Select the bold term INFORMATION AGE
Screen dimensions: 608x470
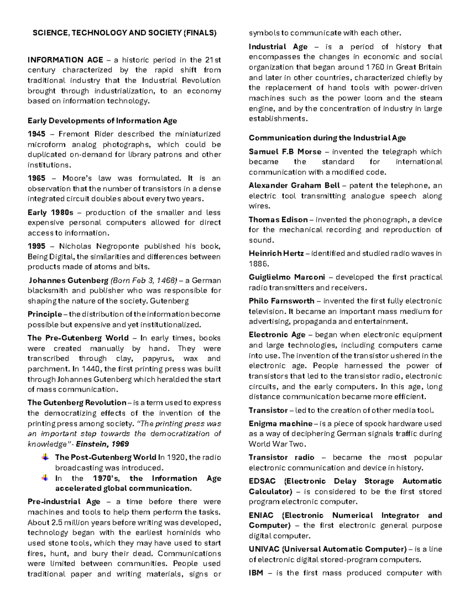(65, 60)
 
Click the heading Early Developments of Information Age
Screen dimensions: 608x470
(102, 121)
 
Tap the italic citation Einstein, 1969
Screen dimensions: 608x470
(102, 444)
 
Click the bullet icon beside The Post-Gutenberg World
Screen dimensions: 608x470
(46, 457)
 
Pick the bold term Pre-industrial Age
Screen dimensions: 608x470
(64, 502)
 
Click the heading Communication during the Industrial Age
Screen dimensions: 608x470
(327, 138)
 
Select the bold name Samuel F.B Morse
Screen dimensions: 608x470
(285, 152)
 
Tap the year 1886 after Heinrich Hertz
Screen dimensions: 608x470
(257, 263)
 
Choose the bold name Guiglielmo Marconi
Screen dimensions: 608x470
(287, 277)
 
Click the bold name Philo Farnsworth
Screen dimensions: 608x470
(281, 301)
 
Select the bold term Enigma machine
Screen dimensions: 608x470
(280, 424)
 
